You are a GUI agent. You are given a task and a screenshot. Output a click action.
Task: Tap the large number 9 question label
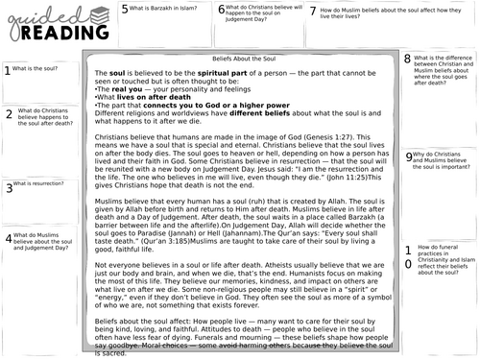tap(409, 156)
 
